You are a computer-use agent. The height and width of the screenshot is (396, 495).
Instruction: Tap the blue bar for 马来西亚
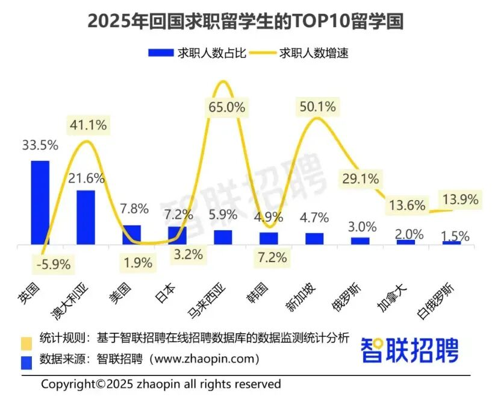tap(223, 237)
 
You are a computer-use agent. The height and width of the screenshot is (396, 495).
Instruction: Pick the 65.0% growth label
tap(226, 108)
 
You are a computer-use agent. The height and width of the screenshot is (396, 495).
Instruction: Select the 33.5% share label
tap(40, 146)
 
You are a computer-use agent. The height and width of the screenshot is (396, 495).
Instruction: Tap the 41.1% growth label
tap(89, 125)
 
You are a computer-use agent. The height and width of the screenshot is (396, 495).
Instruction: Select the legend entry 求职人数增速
tap(314, 52)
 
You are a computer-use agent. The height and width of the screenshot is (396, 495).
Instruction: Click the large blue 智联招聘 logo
tap(409, 351)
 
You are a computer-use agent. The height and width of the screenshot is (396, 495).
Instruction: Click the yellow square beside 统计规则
tap(26, 341)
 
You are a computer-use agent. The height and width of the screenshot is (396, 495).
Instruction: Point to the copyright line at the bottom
tap(161, 384)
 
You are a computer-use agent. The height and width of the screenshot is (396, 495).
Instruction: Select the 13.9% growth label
tap(460, 200)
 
